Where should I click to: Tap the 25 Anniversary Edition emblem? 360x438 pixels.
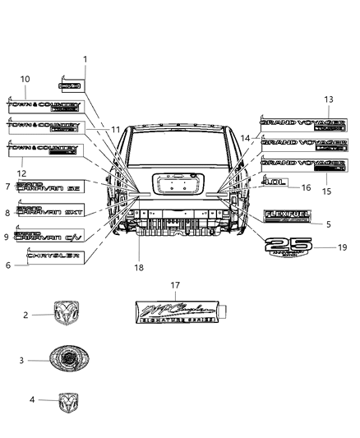(x=288, y=247)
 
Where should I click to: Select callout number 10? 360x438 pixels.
(x=25, y=79)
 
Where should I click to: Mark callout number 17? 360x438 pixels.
(x=175, y=285)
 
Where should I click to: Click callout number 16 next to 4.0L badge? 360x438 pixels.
(x=307, y=188)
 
